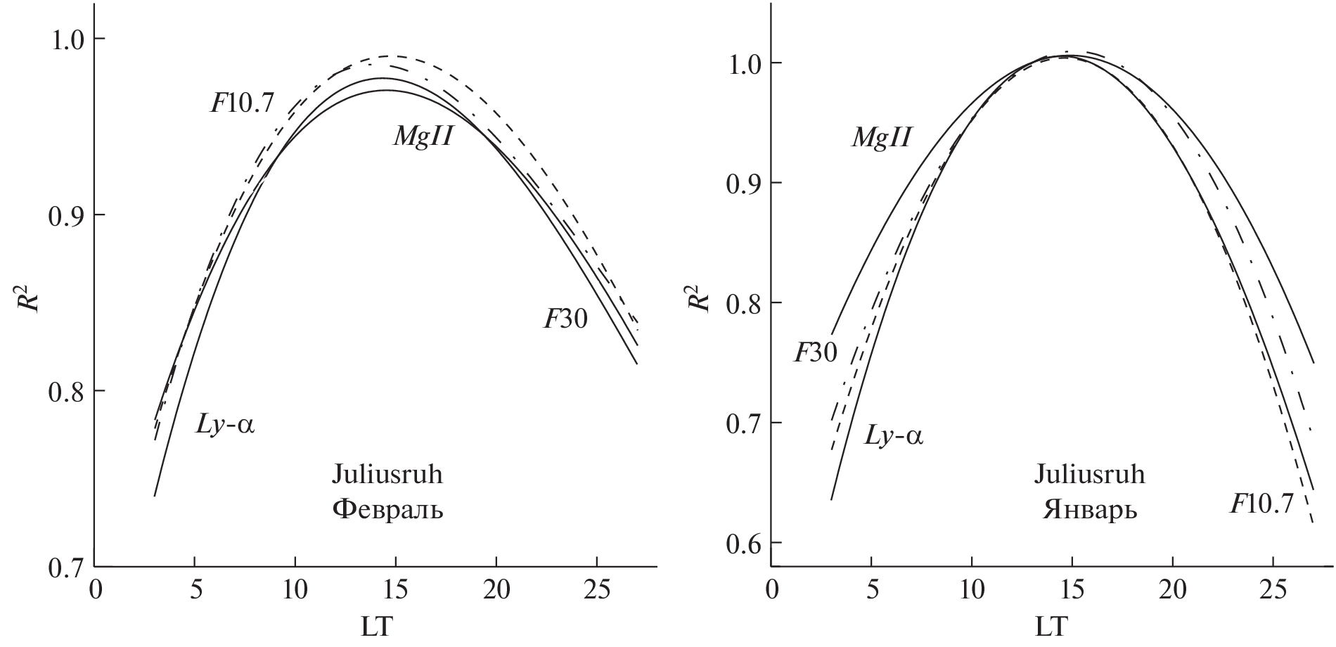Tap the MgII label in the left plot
click(x=421, y=136)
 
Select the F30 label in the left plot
click(x=565, y=320)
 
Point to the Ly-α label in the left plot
click(x=224, y=425)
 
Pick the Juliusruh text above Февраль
click(x=387, y=475)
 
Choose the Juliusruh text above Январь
click(x=1088, y=475)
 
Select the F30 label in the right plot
click(x=816, y=352)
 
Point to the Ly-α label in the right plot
click(x=893, y=437)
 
